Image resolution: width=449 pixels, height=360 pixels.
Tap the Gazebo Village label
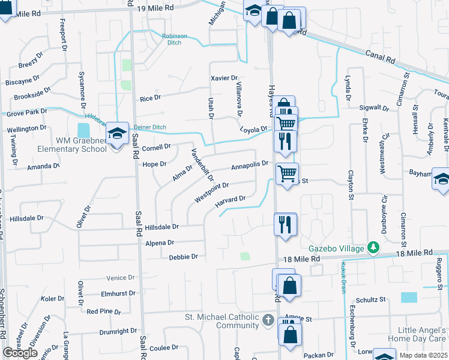pyautogui.click(x=337, y=248)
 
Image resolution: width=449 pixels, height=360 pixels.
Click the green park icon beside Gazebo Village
pyautogui.click(x=373, y=247)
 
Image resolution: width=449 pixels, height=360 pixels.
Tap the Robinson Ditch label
pyautogui.click(x=175, y=39)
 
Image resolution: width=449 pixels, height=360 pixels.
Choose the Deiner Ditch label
pyautogui.click(x=151, y=127)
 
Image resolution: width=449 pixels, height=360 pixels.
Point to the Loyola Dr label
pyautogui.click(x=253, y=129)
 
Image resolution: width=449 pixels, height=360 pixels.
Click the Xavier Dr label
pyautogui.click(x=224, y=78)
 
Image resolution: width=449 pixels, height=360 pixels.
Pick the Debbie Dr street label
pyautogui.click(x=183, y=257)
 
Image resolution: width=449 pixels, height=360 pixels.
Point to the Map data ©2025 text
pyautogui.click(x=423, y=355)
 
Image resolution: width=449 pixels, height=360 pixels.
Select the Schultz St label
pyautogui.click(x=370, y=299)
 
